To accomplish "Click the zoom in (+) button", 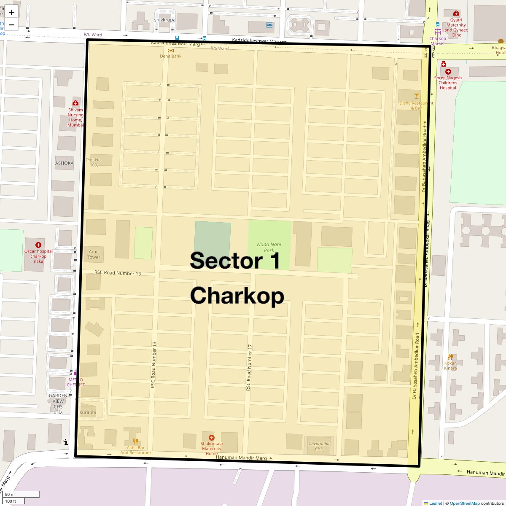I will click(x=11, y=12).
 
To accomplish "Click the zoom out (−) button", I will click(x=11, y=24).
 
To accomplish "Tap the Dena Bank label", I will click(x=170, y=56).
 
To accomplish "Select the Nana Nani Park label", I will click(x=269, y=247).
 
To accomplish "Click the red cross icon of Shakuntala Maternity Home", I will click(x=211, y=438).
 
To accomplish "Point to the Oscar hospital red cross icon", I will click(x=38, y=245).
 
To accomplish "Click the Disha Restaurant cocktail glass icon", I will click(x=417, y=96).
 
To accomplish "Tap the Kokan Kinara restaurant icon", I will click(x=450, y=357).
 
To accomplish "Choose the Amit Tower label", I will click(x=94, y=254).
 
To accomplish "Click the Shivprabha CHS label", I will click(x=318, y=446).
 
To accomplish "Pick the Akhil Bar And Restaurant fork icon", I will click(x=136, y=441).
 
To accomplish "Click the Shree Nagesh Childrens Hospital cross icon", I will click(x=448, y=72).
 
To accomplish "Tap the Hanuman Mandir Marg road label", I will click(x=241, y=458).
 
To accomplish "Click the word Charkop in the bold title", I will click(x=237, y=296).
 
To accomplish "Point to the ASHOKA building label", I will click(x=64, y=163).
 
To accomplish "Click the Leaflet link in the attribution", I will click(x=436, y=503).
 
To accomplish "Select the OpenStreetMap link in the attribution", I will click(x=464, y=503).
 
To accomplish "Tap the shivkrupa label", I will click(x=165, y=20).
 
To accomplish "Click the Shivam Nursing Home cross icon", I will click(x=75, y=103).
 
